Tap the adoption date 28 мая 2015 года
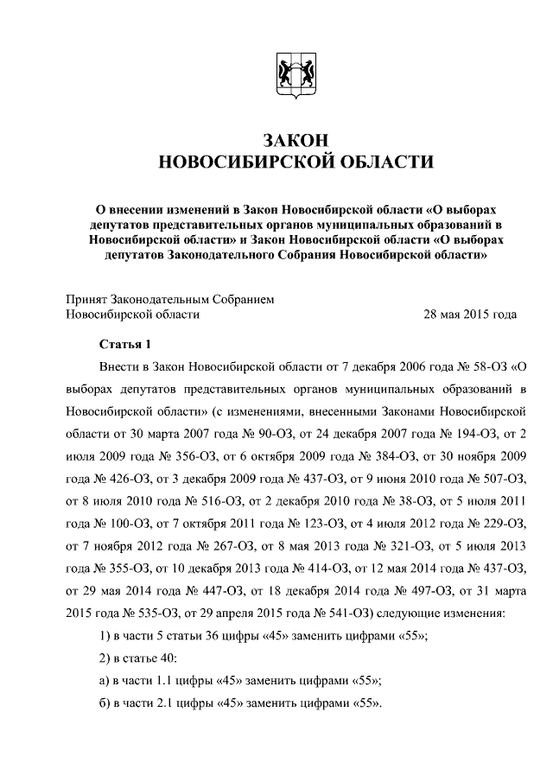tap(469, 315)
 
